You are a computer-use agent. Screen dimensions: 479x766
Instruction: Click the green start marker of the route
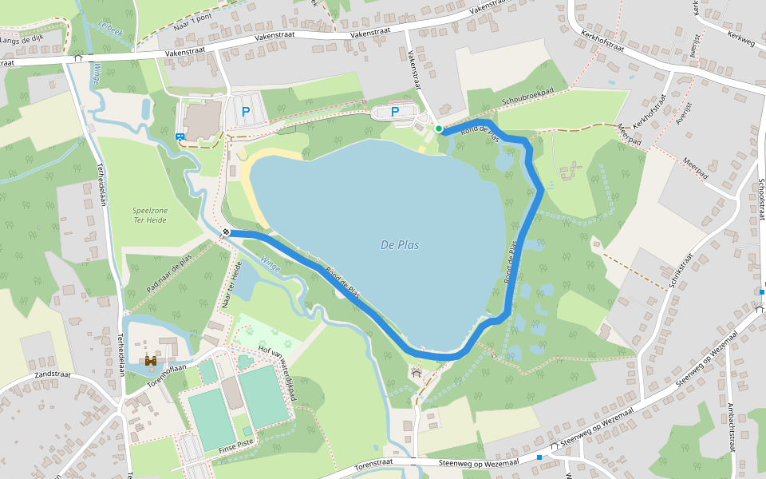click(439, 129)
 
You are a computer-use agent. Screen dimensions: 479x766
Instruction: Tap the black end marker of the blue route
click(227, 232)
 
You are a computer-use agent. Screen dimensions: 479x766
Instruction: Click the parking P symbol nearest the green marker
click(395, 112)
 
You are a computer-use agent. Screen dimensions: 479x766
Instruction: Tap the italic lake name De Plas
click(400, 245)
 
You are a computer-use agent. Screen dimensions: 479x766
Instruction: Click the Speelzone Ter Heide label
click(150, 216)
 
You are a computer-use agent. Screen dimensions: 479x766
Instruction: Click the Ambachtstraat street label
click(730, 431)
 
